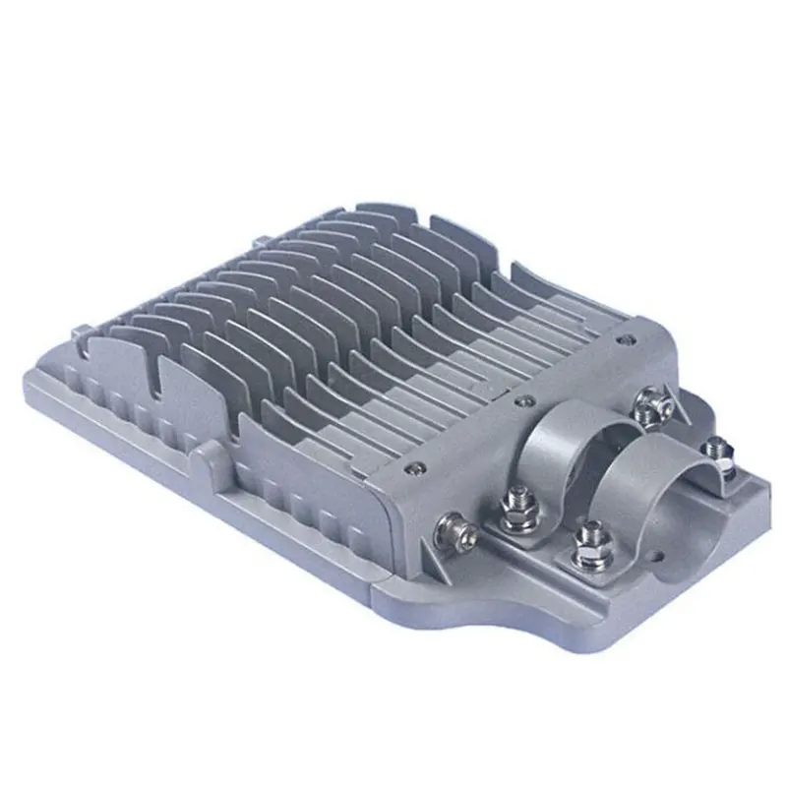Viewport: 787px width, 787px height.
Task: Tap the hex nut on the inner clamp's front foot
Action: [x=519, y=512]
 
